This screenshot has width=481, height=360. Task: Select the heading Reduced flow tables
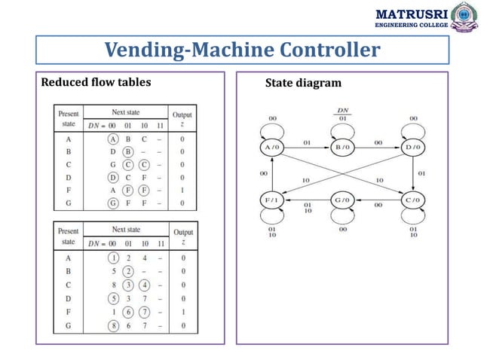click(x=95, y=82)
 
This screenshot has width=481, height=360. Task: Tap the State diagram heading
click(x=303, y=83)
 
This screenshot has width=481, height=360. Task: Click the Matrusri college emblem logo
click(x=465, y=17)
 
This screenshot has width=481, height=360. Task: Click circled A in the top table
click(x=114, y=139)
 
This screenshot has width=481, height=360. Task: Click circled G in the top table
click(x=114, y=203)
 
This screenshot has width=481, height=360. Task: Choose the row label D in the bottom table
click(x=68, y=297)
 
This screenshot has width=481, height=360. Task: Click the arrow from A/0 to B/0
click(x=307, y=147)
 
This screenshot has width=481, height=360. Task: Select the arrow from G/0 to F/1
click(x=307, y=201)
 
